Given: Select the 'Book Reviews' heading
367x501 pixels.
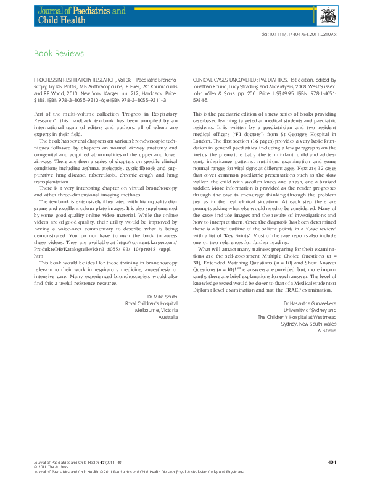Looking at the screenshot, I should point(59,54).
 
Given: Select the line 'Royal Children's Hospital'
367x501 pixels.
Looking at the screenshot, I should point(151,287).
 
